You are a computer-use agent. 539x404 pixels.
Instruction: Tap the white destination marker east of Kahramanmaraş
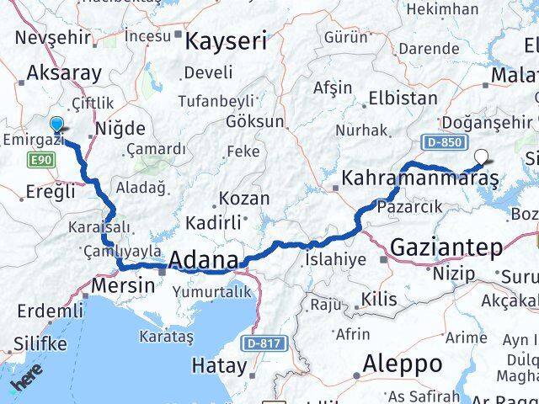point(481,156)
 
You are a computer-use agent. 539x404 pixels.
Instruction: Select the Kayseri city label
point(226,40)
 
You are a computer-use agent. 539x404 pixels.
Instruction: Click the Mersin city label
point(124,284)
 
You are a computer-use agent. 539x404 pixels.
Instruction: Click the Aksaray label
point(64,72)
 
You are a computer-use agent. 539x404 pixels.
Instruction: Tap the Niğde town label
point(120,129)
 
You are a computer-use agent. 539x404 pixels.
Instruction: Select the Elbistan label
point(402,98)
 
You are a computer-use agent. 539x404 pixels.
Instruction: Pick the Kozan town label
point(243,199)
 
